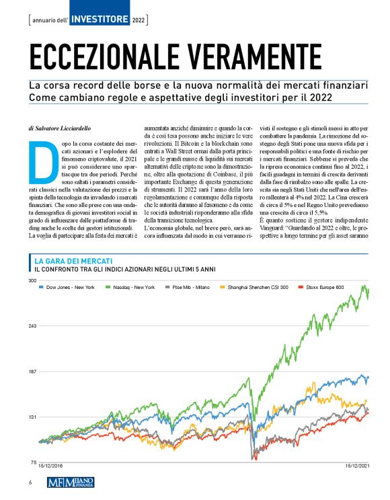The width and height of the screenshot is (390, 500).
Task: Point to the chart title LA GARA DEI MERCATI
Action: (x=73, y=260)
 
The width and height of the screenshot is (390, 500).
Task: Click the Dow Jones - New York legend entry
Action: (x=68, y=287)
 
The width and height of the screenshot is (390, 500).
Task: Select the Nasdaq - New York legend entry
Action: (x=132, y=287)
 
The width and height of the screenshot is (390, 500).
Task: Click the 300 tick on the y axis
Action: (x=32, y=280)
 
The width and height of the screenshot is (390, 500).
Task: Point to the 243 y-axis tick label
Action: (x=32, y=326)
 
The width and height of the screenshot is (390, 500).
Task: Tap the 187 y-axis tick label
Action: (x=32, y=372)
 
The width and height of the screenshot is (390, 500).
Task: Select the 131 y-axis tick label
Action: (x=32, y=417)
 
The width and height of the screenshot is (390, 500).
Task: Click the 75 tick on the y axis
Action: (x=32, y=463)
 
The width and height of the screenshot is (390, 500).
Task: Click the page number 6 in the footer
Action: (x=30, y=483)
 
